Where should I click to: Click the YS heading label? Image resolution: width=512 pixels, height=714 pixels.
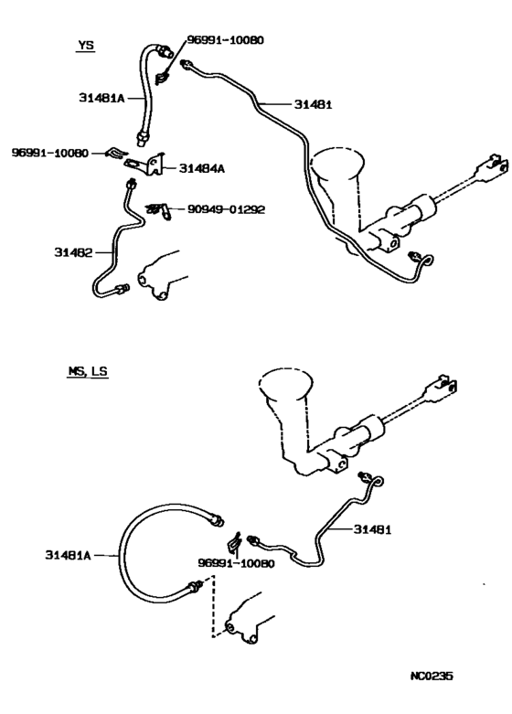86,45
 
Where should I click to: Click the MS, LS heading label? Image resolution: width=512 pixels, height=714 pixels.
88,371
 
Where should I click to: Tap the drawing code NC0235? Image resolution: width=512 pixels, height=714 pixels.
432,676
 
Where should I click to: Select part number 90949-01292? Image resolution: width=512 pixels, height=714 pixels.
226,209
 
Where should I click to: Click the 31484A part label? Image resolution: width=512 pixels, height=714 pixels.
202,169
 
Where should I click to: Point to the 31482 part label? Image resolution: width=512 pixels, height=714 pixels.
73,252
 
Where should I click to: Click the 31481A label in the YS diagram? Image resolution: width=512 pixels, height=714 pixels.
101,98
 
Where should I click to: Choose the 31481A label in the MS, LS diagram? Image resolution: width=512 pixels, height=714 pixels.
68,555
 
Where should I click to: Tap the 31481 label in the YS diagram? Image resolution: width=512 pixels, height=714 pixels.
313,105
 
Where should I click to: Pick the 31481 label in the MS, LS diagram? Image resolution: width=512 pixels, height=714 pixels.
373,529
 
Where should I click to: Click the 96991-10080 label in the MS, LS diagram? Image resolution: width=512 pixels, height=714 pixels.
237,564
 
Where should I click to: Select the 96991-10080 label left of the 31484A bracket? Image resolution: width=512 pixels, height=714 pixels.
50,153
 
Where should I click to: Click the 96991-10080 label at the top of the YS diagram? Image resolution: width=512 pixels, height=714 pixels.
226,40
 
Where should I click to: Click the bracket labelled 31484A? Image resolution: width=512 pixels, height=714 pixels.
145,165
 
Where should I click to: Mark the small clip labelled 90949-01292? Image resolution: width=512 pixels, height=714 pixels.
159,211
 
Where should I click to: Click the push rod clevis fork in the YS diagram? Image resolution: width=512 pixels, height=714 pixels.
491,167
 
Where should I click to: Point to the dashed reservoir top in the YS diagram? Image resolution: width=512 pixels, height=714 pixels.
337,163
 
